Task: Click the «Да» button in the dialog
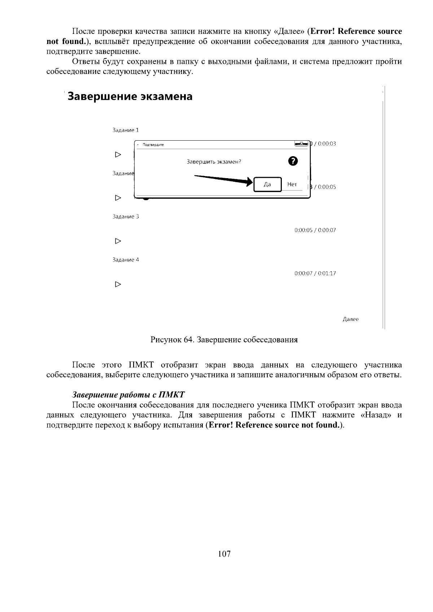(267, 184)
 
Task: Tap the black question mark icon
(293, 161)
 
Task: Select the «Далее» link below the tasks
(350, 319)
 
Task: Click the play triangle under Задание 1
(118, 155)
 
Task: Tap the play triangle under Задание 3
(118, 241)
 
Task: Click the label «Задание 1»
(126, 130)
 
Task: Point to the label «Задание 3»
(126, 216)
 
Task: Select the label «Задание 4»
(126, 260)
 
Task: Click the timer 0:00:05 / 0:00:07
(315, 230)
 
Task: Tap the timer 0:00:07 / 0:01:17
(315, 273)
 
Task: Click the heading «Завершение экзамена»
(130, 97)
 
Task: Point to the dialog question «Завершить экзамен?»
(214, 162)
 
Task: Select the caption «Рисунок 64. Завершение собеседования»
(224, 340)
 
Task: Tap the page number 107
(224, 554)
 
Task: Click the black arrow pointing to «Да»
(224, 179)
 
